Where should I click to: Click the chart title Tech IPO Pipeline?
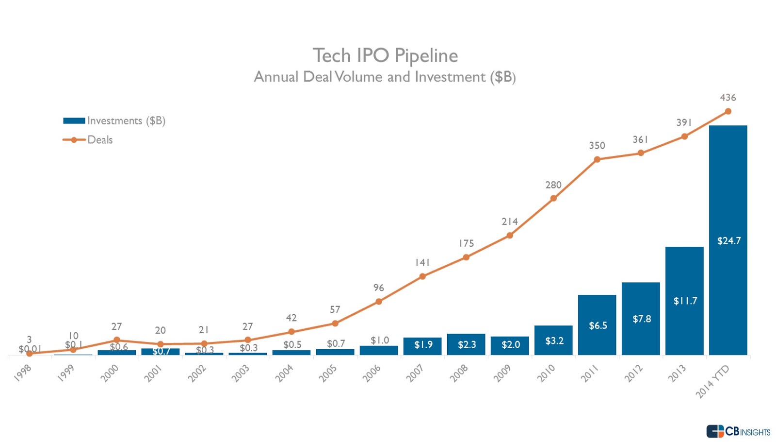385,55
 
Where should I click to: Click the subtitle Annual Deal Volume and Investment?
385,77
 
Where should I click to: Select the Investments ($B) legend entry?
114,120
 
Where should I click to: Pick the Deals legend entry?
88,140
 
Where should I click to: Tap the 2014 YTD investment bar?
728,240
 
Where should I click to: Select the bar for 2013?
684,301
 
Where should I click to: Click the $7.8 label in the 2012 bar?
642,319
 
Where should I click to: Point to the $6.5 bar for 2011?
597,325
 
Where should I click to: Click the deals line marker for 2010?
553,198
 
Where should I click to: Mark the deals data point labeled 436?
728,111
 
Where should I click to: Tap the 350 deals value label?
597,146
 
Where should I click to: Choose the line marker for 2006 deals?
379,302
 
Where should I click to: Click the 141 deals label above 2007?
422,263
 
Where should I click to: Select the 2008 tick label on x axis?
459,373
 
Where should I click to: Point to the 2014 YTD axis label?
712,381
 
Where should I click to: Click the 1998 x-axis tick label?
23,373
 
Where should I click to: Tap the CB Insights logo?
738,431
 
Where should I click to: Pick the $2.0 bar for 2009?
510,345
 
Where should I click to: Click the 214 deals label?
510,221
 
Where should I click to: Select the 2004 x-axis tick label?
285,373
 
